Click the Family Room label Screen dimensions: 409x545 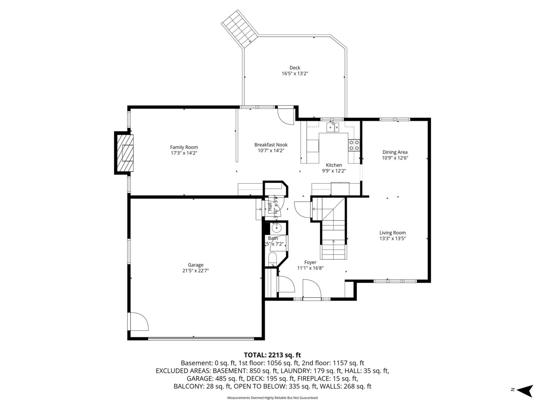(184, 147)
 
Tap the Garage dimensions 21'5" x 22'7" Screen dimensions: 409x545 (195, 271)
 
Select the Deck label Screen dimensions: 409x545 (295, 68)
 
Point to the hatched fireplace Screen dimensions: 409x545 (124, 153)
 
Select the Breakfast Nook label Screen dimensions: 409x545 (271, 145)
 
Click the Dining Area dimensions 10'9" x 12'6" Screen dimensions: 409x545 (395, 158)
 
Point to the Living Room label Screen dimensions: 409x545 (393, 233)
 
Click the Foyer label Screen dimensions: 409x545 (310, 262)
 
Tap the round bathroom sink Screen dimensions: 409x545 (276, 228)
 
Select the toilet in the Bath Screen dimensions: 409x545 (272, 260)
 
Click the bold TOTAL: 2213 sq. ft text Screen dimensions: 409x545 (272, 355)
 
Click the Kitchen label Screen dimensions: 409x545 (334, 165)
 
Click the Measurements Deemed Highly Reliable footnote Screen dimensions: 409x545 (272, 398)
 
